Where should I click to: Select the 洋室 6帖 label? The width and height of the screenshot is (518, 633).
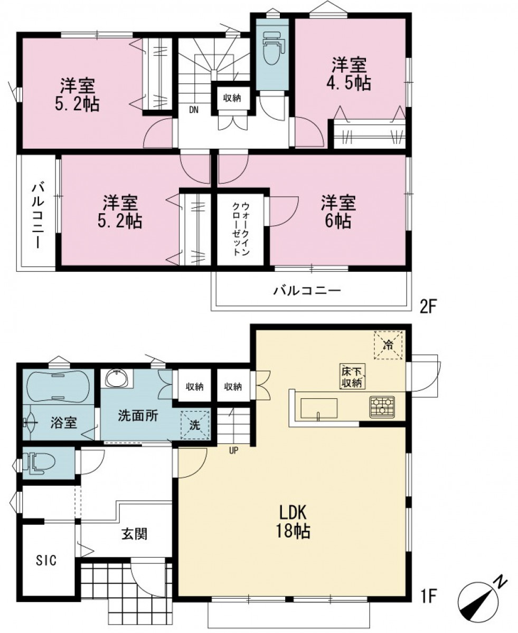click(338, 212)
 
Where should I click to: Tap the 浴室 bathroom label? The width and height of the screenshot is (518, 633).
click(63, 423)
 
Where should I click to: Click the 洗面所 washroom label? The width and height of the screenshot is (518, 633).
click(138, 416)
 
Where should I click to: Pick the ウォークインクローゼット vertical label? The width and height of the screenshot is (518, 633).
click(241, 229)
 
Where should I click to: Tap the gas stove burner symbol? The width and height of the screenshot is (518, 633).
click(382, 407)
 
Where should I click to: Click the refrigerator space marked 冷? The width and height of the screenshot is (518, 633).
click(388, 345)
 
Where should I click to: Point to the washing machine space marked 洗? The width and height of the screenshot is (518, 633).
click(195, 425)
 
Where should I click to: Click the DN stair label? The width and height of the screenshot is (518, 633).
click(194, 110)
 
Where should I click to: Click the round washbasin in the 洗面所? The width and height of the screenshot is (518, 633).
click(116, 379)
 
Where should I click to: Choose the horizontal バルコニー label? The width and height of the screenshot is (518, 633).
click(307, 291)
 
